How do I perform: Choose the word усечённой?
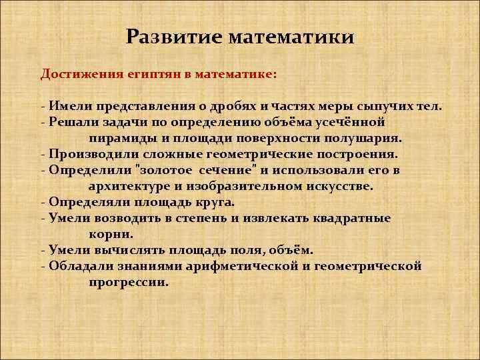[x=351, y=123]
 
